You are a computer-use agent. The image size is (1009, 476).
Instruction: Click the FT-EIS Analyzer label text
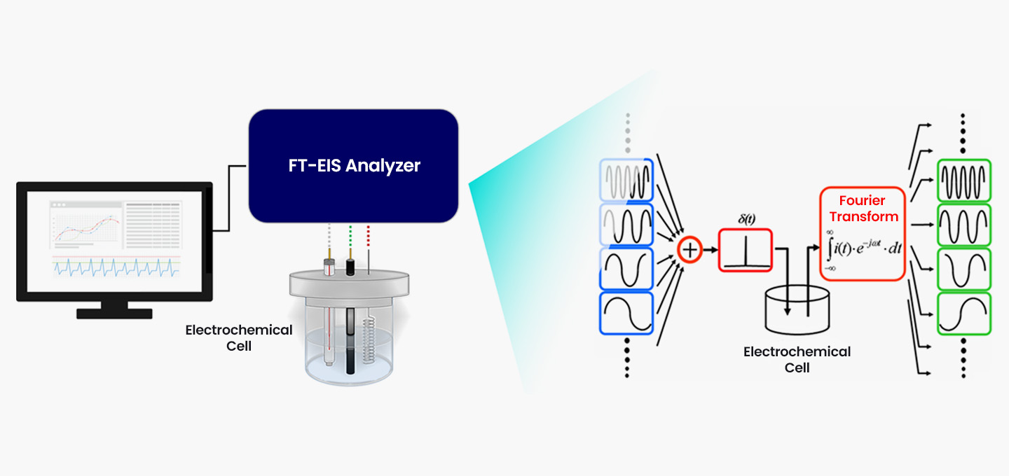tap(355, 166)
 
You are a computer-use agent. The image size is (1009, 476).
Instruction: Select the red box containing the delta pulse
tap(745, 250)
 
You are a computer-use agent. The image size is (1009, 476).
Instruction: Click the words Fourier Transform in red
tap(863, 209)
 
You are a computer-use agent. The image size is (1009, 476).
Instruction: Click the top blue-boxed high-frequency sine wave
tap(626, 179)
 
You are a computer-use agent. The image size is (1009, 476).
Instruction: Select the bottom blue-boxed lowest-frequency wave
tap(626, 312)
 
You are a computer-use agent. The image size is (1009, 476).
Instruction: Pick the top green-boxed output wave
tap(964, 180)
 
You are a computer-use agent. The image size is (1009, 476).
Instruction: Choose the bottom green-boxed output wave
tap(964, 313)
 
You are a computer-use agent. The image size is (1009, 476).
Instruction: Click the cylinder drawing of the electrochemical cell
tap(797, 312)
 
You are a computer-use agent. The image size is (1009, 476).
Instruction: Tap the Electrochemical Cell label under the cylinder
tap(797, 359)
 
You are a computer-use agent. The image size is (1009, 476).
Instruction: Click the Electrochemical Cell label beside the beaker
tap(238, 337)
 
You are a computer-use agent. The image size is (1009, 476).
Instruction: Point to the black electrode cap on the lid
tap(350, 267)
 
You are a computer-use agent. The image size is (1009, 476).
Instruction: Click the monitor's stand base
tap(114, 314)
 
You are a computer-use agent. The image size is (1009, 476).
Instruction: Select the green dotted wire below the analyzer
tap(350, 240)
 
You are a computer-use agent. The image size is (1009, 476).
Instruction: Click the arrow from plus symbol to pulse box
tap(709, 250)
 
